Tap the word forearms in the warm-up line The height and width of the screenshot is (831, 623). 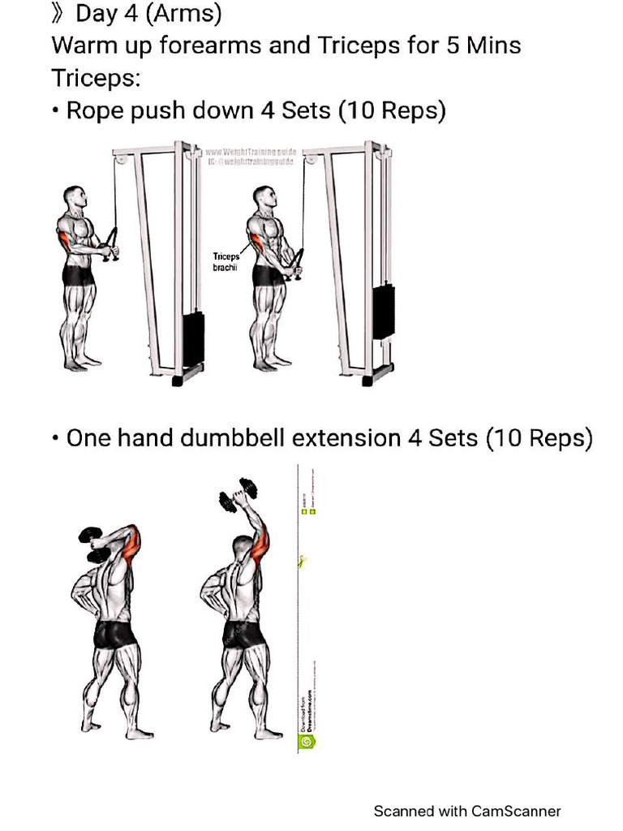[x=209, y=45]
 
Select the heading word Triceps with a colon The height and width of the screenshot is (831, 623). [x=93, y=78]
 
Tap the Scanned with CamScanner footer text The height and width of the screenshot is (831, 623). [x=466, y=811]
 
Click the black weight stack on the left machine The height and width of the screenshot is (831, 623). [x=193, y=339]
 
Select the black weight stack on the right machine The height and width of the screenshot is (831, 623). [x=384, y=312]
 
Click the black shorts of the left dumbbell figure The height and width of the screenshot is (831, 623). [x=112, y=633]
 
